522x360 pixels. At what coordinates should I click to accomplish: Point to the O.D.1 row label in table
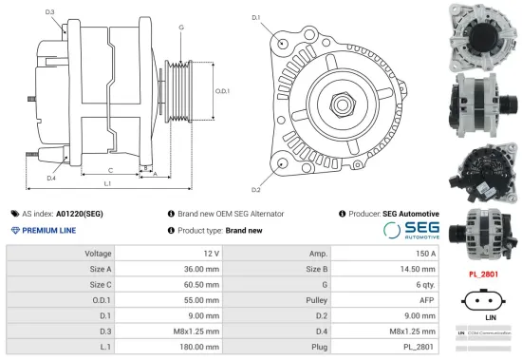point(100,299)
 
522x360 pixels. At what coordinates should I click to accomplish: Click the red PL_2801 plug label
point(484,274)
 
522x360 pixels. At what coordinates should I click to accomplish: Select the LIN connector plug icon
point(484,301)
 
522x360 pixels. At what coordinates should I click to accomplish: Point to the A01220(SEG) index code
point(80,214)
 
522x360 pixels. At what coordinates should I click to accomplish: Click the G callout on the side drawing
point(180,28)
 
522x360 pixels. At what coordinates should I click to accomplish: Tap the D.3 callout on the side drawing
point(49,12)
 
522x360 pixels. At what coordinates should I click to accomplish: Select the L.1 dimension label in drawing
point(107,182)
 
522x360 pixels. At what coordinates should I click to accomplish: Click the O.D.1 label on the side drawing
point(222,91)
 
